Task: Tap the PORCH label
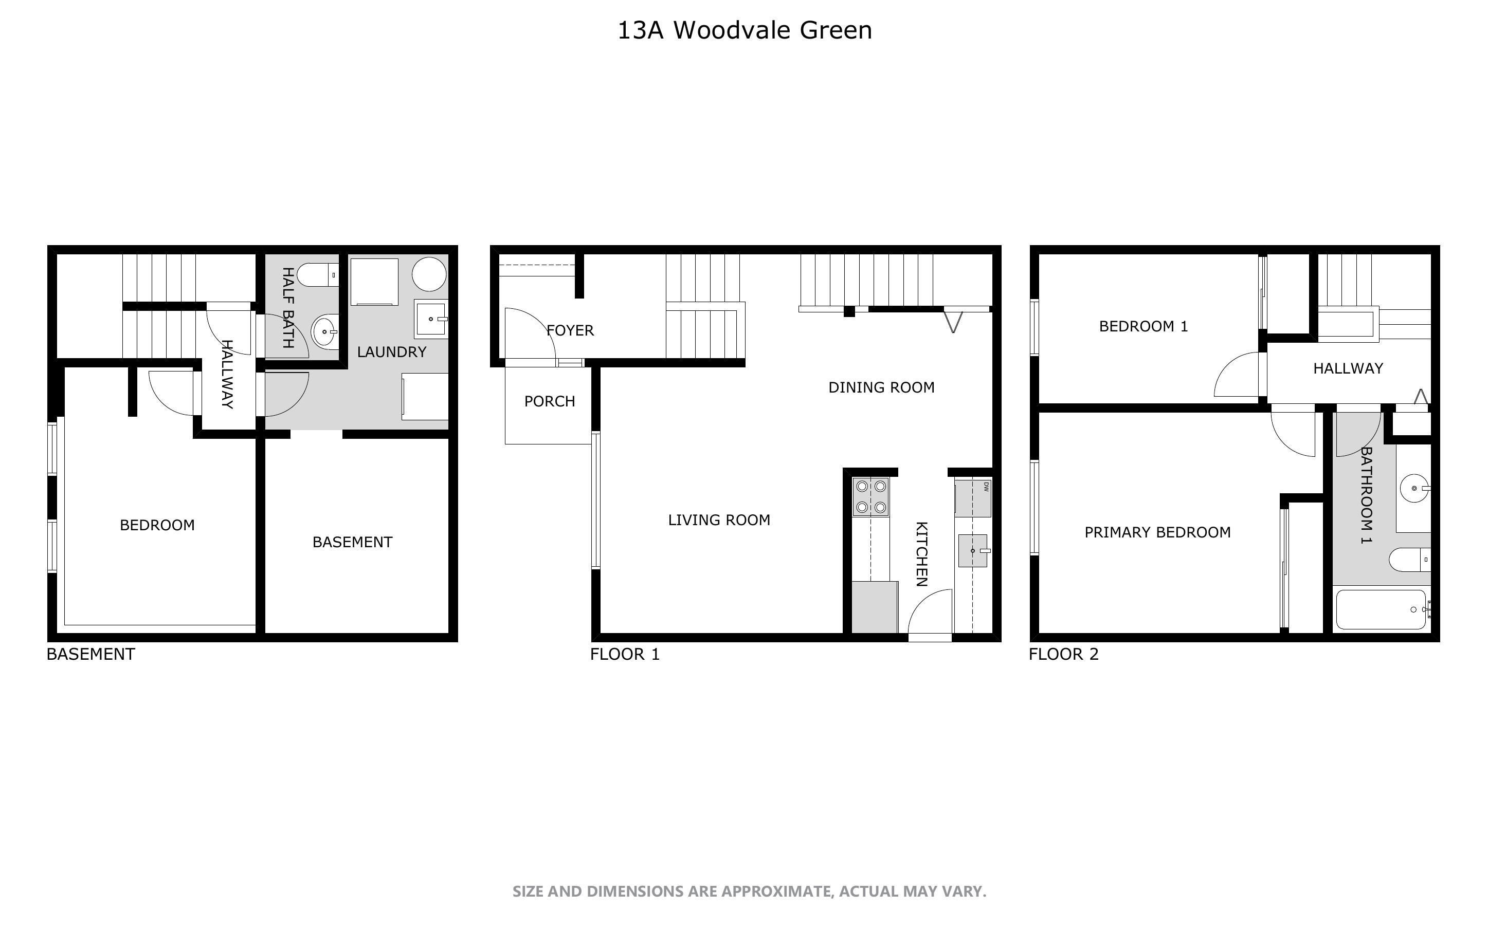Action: tap(550, 401)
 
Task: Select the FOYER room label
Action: tap(570, 330)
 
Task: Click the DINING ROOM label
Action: tap(881, 387)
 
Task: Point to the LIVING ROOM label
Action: tap(719, 520)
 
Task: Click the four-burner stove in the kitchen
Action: tap(871, 496)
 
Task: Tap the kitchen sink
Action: tap(973, 550)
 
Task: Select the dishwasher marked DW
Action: tap(973, 498)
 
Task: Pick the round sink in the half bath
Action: tap(324, 332)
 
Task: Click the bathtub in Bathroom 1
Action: tap(1381, 609)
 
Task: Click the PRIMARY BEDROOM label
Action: tap(1157, 532)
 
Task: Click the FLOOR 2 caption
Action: tap(1063, 654)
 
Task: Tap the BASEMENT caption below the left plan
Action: tap(91, 654)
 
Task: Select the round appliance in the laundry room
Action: tap(429, 274)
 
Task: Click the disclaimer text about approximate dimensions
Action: tap(749, 891)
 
